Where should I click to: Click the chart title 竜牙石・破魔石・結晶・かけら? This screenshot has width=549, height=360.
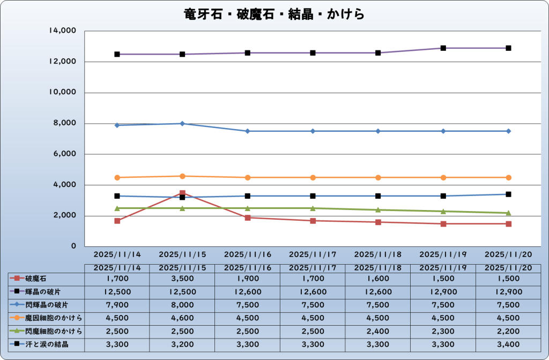[274, 14]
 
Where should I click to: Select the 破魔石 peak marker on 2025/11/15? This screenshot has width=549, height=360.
[182, 193]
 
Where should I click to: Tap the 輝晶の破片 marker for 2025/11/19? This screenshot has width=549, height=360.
[443, 48]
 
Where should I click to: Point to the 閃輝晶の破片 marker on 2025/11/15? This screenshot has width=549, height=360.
[182, 124]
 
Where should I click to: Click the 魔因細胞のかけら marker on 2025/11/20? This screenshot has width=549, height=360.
[509, 177]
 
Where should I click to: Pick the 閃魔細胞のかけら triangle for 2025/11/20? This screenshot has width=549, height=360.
[509, 213]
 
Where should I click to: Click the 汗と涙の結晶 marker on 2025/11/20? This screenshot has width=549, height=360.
[509, 194]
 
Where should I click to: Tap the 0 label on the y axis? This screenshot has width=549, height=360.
[74, 247]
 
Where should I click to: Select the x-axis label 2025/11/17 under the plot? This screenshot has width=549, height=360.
[313, 254]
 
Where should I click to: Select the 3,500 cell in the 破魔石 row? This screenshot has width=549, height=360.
[182, 279]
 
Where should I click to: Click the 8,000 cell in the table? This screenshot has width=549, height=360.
[182, 305]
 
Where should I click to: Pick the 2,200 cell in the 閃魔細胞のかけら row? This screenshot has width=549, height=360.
[509, 331]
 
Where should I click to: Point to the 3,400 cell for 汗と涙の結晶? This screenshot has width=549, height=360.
[509, 344]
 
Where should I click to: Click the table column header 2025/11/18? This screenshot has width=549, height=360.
[378, 267]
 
